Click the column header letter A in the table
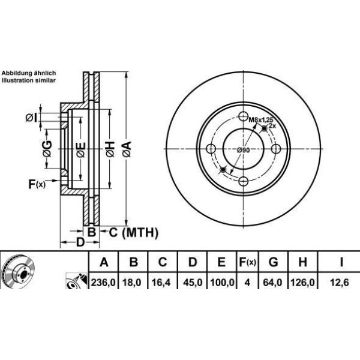tap(104, 262)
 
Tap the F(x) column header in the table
tap(247, 262)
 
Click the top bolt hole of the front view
tap(243, 116)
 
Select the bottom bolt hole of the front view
tap(243, 182)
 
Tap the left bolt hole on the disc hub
tap(211, 149)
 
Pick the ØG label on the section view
tap(48, 146)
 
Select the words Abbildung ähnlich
tap(28, 73)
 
